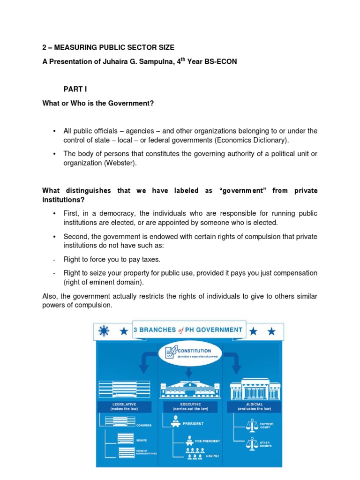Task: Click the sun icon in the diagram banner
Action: point(104,331)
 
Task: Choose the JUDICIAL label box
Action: point(255,406)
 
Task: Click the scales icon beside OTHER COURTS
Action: point(252,442)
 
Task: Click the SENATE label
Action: point(142,441)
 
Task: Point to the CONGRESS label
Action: point(143,425)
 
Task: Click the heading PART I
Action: point(75,89)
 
